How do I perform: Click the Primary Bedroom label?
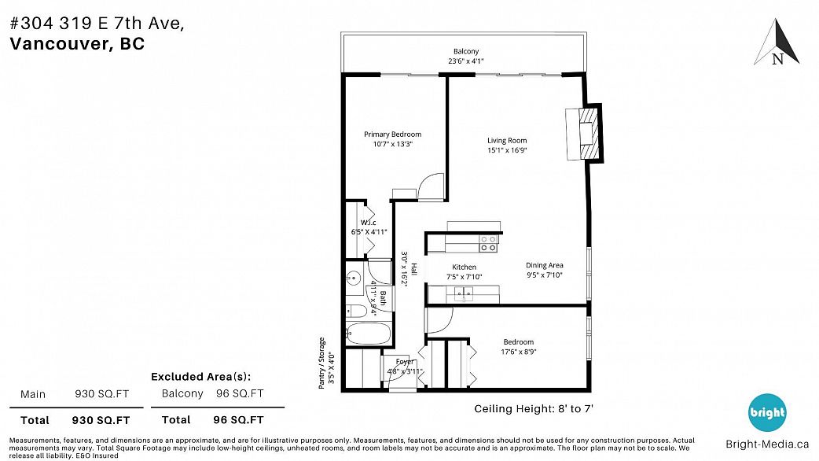point(393,135)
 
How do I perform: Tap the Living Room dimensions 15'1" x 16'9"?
point(507,150)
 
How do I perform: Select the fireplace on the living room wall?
point(585,133)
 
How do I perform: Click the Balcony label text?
point(466,51)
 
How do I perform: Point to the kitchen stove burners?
point(488,244)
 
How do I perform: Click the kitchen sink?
point(463,293)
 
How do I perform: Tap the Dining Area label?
point(544,265)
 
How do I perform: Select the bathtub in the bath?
point(369,334)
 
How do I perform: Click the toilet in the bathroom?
point(357,312)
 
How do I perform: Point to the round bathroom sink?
point(354,278)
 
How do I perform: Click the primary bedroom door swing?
point(431,186)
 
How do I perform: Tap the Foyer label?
point(405,362)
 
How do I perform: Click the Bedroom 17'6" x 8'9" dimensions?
point(519,352)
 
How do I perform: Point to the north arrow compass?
point(777,42)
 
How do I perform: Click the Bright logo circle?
point(767,412)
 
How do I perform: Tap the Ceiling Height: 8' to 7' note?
point(534,409)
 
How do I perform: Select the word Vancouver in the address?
point(59,43)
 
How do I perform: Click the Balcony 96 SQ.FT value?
point(240,393)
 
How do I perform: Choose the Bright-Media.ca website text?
point(767,444)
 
